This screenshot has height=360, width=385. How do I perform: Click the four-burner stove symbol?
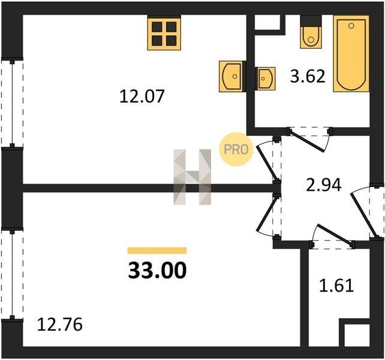[164, 33]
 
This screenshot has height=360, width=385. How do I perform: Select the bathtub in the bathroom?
[351, 53]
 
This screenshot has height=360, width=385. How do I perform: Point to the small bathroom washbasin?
[265, 79]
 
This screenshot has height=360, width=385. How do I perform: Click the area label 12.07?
[142, 97]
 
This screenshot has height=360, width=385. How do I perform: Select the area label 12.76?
[59, 325]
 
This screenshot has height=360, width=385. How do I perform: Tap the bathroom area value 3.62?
[308, 76]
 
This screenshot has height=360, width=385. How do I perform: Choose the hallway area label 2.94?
[324, 185]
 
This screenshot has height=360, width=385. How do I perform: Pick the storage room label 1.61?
[336, 285]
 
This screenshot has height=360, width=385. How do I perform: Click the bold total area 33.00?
[157, 270]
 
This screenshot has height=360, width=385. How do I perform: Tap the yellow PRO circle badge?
[236, 149]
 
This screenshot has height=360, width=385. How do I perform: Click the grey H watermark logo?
[192, 177]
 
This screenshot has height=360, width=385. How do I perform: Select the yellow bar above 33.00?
[157, 250]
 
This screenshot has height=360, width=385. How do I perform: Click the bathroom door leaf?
[306, 140]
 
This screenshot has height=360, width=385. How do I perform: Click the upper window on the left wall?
[12, 103]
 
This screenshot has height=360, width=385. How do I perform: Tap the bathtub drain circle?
[351, 26]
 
